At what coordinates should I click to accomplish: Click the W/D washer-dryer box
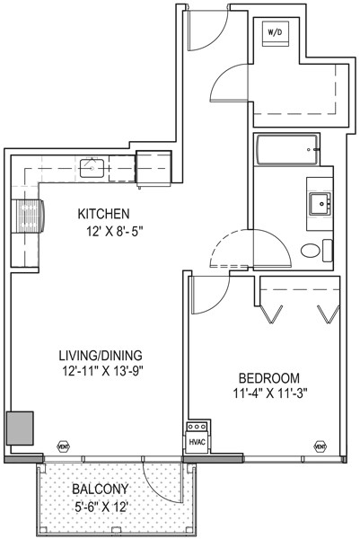point(274,34)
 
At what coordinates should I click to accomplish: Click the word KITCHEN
point(104,214)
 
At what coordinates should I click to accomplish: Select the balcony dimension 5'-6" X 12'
point(101,507)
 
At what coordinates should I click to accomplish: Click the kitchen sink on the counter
point(91,166)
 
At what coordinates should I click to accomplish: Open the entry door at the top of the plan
point(207,30)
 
